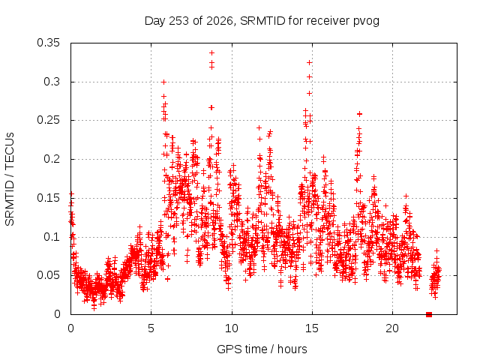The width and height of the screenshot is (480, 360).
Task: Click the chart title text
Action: click(x=262, y=21)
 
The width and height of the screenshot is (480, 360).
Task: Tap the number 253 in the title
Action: click(x=178, y=21)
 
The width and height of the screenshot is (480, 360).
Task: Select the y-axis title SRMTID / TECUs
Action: click(x=10, y=179)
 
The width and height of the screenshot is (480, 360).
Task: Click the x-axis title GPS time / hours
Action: click(x=262, y=349)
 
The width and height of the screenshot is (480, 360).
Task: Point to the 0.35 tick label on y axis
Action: click(x=48, y=43)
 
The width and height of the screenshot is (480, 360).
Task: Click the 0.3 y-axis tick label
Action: click(x=52, y=82)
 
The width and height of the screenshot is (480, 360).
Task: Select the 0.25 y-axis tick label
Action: click(x=48, y=120)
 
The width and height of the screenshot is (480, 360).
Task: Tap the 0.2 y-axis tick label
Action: click(x=52, y=159)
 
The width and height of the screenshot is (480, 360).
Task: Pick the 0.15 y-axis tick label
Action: click(x=48, y=198)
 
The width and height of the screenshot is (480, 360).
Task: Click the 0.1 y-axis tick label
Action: click(x=52, y=237)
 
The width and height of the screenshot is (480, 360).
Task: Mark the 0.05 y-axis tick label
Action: click(x=48, y=275)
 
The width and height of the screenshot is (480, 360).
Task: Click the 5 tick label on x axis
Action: click(x=151, y=328)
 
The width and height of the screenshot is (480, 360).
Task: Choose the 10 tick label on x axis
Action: click(x=232, y=328)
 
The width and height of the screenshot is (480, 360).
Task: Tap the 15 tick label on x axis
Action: click(x=312, y=328)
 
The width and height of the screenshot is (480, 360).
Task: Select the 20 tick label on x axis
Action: click(x=392, y=328)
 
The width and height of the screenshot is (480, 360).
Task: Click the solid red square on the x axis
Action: click(x=429, y=314)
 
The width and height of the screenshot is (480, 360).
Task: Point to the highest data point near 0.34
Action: click(x=211, y=53)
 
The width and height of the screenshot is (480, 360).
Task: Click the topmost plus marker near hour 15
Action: click(x=310, y=63)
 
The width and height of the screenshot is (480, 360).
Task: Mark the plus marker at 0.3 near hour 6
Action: click(x=163, y=82)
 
